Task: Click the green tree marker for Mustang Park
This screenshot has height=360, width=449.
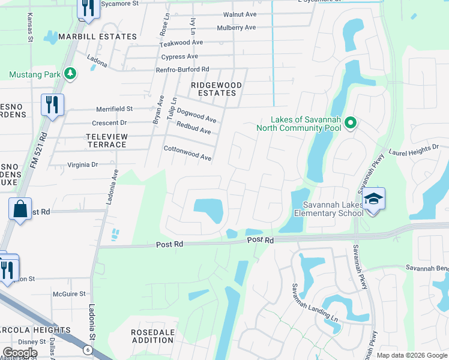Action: coord(71,74)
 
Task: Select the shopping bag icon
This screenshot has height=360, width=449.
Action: coord(20,209)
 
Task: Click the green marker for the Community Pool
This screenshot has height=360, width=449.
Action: coord(351,124)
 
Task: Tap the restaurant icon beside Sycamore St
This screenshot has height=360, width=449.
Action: coord(88,8)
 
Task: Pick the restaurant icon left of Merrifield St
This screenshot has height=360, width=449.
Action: coord(52,105)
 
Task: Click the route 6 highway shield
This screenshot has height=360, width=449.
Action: coord(88,349)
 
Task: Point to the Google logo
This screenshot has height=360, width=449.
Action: coord(20,353)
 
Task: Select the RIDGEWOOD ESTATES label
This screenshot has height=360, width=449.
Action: coord(216,89)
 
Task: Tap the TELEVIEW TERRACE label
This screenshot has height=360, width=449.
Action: coord(106,140)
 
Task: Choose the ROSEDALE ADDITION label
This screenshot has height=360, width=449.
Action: coord(152,336)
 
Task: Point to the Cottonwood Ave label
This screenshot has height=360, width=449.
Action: coord(188,153)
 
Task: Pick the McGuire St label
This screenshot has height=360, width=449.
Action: coord(67,294)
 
